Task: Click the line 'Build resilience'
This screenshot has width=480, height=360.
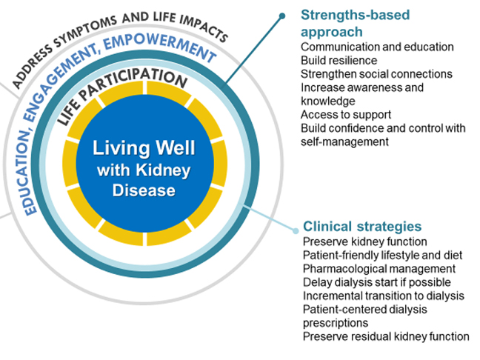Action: coord(339,60)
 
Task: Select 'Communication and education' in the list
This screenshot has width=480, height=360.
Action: coord(377,47)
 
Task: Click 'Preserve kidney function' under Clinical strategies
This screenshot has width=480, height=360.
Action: coord(364,241)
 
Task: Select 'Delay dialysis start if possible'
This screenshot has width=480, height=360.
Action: coord(376,281)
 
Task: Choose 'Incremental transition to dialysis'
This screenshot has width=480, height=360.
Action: coord(383,296)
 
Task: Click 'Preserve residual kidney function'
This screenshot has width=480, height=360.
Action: coord(386,336)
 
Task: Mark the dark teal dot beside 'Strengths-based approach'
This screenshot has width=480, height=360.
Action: coord(282,15)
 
